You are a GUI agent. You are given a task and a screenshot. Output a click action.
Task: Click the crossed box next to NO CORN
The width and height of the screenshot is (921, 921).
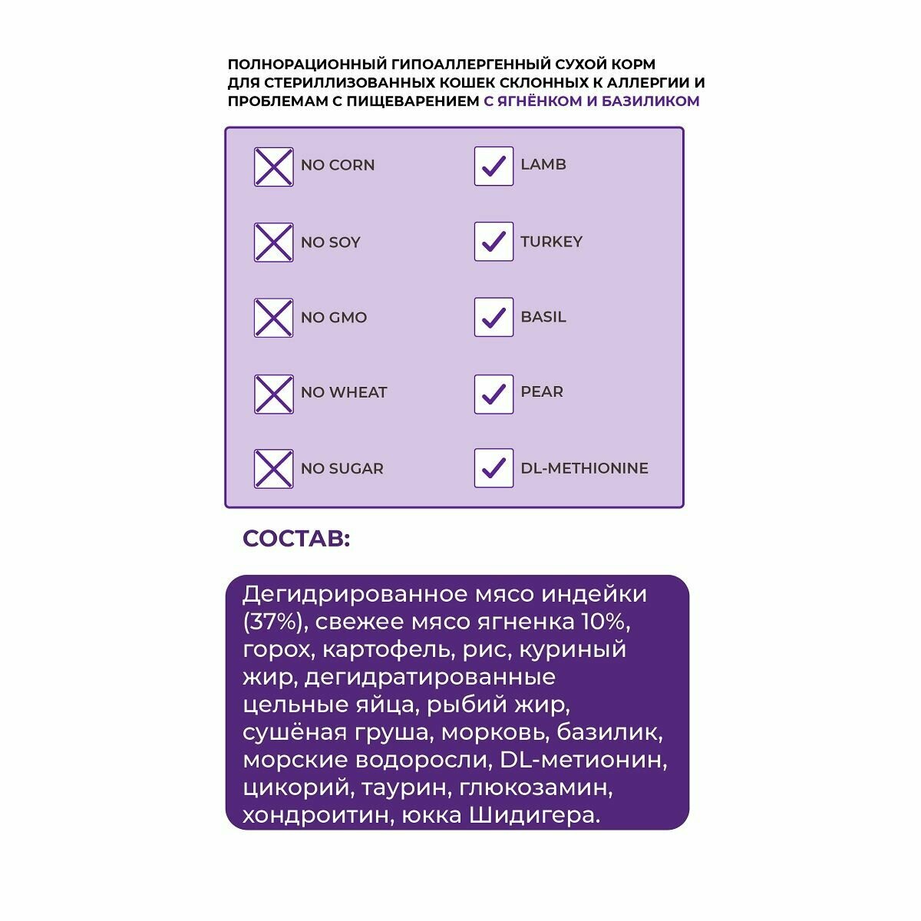coord(273,167)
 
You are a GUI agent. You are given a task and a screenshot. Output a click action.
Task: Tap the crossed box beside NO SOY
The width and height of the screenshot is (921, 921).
coord(273,243)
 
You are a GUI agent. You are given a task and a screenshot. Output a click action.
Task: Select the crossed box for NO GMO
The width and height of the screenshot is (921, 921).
coord(273,318)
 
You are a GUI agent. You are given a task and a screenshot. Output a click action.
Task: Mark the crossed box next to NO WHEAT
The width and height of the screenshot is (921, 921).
coord(273,394)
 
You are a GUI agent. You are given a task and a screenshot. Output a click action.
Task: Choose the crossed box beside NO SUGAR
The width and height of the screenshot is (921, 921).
coord(273,469)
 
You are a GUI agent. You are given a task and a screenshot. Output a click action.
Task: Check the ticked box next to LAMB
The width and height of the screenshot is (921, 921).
coord(494,166)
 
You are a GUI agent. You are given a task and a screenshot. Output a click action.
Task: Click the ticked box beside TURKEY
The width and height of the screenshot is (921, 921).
coord(494,242)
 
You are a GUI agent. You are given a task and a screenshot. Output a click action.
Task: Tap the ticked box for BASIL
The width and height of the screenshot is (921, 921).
coord(494,317)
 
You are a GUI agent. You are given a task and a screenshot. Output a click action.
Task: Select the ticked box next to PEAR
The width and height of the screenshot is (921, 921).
coord(494,394)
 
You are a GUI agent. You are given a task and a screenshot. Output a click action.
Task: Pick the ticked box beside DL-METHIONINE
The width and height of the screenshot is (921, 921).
coord(494,468)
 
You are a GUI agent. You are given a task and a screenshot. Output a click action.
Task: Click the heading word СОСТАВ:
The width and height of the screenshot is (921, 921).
coord(296,539)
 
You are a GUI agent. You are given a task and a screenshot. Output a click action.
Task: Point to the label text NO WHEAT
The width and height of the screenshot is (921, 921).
coord(344,392)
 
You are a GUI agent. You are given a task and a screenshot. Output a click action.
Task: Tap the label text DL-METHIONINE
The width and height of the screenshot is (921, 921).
coord(584,468)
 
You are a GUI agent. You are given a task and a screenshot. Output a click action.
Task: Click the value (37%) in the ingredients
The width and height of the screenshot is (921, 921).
coord(274,622)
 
